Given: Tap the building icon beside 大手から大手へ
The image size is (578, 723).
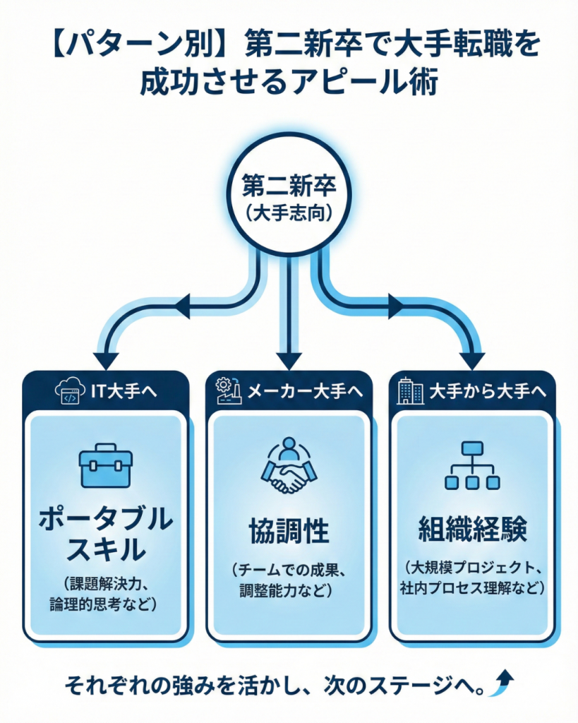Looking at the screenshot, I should pyautogui.click(x=410, y=391).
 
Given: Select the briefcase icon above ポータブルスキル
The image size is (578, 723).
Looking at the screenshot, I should pyautogui.click(x=105, y=466).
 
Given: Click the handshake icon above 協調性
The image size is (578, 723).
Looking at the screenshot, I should pyautogui.click(x=289, y=466).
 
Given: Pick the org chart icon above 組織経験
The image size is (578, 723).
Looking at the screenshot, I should pyautogui.click(x=472, y=466).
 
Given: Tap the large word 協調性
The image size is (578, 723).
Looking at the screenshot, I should pyautogui.click(x=289, y=531).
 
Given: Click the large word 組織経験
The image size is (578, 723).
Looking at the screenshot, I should pyautogui.click(x=472, y=530).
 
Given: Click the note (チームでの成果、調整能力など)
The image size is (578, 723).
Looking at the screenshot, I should pyautogui.click(x=289, y=579).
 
